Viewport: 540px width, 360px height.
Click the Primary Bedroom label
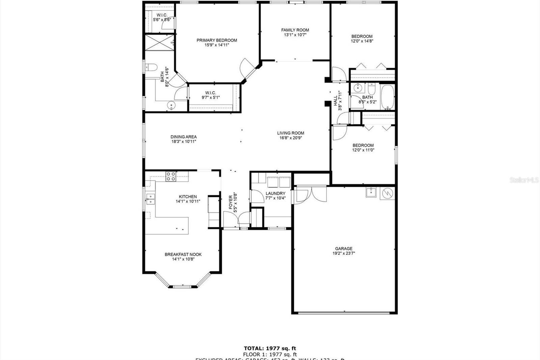(217, 40)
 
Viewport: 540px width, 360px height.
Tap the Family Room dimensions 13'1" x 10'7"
(295, 35)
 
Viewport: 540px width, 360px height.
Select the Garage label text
(344, 249)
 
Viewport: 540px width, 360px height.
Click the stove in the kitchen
(171, 176)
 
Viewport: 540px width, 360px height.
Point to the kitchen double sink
(150, 200)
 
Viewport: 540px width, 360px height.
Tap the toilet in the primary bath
(151, 68)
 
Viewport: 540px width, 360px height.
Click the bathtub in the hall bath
(387, 97)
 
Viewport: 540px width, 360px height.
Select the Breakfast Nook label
(183, 254)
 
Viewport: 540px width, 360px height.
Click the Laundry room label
(275, 194)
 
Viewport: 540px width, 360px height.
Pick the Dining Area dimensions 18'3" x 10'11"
(184, 142)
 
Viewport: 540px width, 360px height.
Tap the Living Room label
(291, 133)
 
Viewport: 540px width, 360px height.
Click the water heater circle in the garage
(387, 193)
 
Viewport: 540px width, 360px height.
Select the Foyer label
(231, 202)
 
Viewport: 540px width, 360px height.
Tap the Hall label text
(335, 101)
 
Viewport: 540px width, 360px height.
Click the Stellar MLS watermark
(524, 180)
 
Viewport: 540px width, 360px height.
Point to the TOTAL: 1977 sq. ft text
(270, 348)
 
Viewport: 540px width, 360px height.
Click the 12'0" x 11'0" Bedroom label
(363, 148)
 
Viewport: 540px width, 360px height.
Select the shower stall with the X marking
(160, 43)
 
